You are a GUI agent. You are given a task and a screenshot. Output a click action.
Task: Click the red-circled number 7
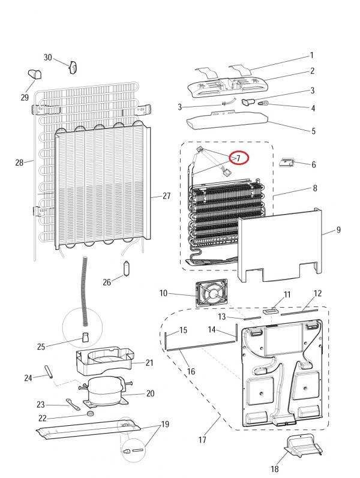tap(239, 158)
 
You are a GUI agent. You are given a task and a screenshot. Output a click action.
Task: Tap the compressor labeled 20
tap(104, 391)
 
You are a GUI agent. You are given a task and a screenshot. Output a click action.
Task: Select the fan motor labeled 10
tap(212, 293)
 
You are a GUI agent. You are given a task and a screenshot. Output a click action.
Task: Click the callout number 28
tap(19, 163)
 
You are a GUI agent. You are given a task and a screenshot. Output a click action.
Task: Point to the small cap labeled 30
tap(73, 67)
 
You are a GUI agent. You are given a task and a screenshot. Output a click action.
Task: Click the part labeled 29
tap(34, 74)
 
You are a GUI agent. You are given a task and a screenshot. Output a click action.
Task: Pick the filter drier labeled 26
tap(127, 268)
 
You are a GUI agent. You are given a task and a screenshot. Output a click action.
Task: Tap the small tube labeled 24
tap(49, 372)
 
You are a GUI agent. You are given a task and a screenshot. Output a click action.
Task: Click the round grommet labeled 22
tap(90, 414)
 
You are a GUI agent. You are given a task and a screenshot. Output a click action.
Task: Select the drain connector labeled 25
tap(85, 337)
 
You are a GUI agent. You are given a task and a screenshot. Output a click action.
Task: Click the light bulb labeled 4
tap(262, 104)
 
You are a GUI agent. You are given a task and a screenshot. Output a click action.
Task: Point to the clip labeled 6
tap(287, 162)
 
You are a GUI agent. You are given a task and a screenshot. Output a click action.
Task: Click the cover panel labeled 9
tap(279, 245)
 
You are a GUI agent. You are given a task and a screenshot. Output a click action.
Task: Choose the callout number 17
tap(202, 440)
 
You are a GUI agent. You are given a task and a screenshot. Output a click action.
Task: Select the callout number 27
tap(166, 196)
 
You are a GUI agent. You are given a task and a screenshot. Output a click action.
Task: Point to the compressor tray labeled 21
tap(104, 361)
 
